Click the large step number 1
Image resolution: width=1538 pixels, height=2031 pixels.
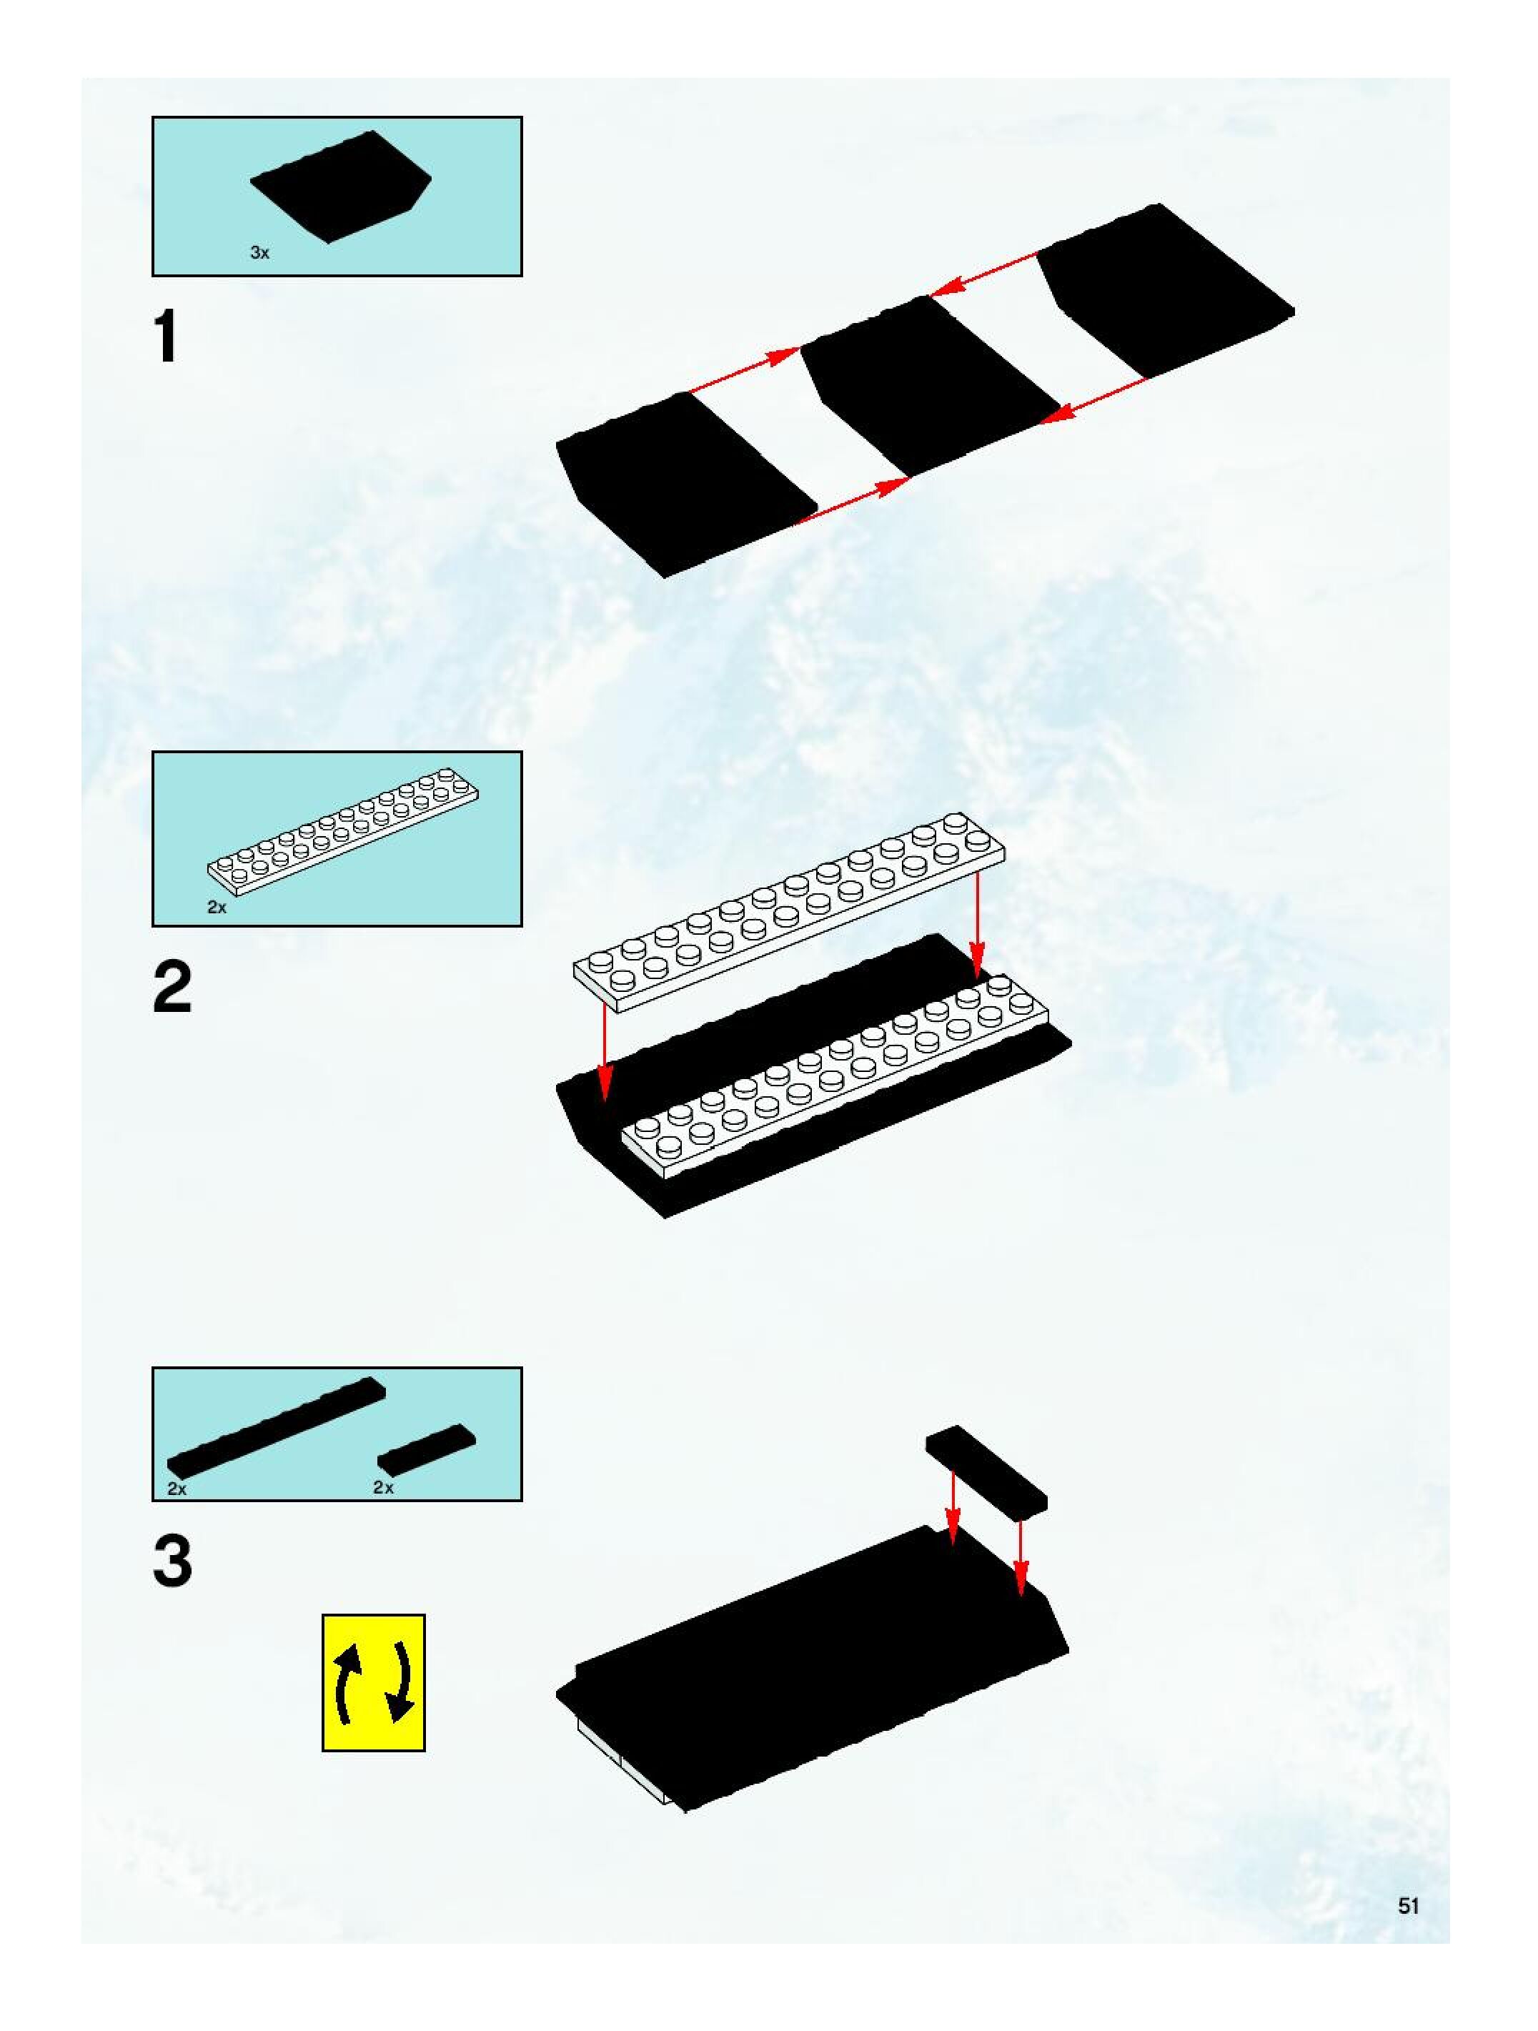pos(167,337)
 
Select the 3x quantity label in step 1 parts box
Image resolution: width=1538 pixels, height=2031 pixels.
pos(260,252)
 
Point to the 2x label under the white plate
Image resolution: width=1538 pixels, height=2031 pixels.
pos(217,907)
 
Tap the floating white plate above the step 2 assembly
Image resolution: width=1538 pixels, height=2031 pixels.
pos(790,913)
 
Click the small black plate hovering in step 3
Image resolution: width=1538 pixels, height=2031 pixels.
pos(986,1467)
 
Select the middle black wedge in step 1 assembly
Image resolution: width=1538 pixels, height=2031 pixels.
pos(928,386)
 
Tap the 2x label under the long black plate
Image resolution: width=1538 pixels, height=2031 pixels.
pos(177,1489)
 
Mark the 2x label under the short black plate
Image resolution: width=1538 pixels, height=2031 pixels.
pos(383,1487)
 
